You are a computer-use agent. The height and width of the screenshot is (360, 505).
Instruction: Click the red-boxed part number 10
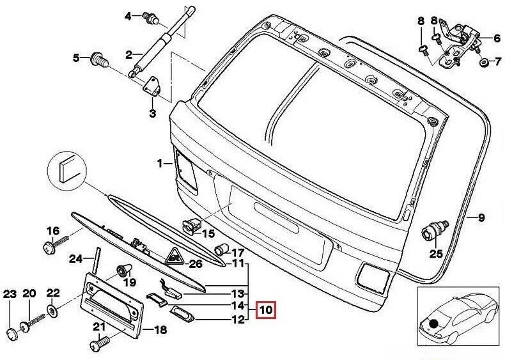(265, 311)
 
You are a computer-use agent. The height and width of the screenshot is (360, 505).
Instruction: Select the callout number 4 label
(127, 16)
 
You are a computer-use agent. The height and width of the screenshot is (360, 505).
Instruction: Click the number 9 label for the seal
(481, 218)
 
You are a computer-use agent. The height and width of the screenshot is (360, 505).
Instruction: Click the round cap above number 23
(10, 333)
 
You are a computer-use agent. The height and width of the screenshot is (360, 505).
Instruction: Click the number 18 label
(160, 330)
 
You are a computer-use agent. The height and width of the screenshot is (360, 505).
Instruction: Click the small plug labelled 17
(222, 249)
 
